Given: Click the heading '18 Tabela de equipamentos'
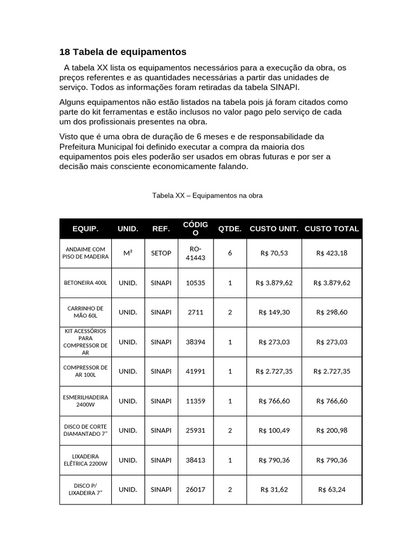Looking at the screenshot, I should point(123,52).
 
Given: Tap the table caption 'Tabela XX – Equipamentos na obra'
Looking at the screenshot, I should point(207,195).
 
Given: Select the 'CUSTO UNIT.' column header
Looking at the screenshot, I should point(274,228).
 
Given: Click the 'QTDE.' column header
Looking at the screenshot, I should point(230,228).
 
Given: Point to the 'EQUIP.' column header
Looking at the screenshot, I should point(85,228).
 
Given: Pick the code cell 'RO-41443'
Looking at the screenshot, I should point(196,253).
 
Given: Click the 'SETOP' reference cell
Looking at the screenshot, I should point(161,253).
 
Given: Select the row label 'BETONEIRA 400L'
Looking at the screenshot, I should point(85,282).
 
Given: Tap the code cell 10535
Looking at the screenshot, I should point(196,282).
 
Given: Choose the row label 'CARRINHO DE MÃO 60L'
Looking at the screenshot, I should point(85,312).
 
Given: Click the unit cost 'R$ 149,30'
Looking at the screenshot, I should point(274,312).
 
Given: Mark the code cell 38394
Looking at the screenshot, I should point(196,342).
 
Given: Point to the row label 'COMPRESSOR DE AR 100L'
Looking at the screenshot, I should point(85,371).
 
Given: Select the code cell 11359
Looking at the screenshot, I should point(196,401).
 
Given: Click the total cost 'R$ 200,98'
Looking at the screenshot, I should point(332,430).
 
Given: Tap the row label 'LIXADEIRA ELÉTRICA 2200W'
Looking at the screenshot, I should point(85,460).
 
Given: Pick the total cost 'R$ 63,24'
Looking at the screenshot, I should point(332,490).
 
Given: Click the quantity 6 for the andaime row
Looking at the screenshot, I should point(230,253).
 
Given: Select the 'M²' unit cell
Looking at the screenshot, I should point(128,253).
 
